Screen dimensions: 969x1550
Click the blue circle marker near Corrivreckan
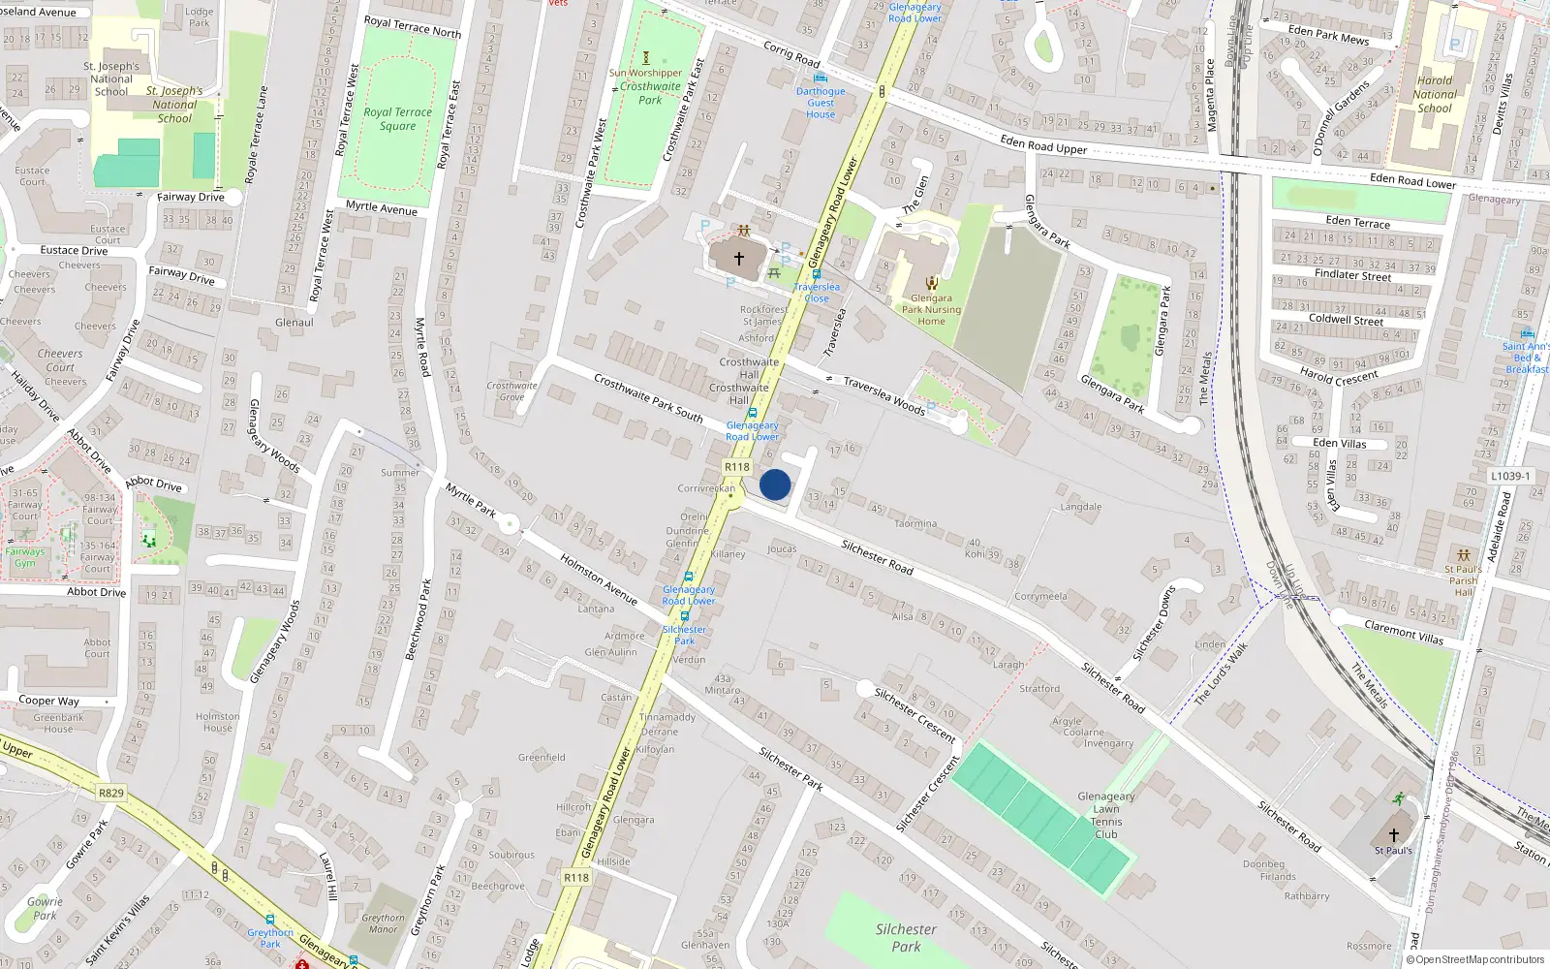tap(775, 484)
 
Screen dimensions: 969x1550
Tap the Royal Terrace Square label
tap(398, 119)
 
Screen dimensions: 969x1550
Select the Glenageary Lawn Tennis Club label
tap(1106, 815)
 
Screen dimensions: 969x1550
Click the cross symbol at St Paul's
tap(1394, 834)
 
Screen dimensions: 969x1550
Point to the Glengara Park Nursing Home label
tap(931, 310)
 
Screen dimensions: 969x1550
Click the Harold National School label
tap(1435, 95)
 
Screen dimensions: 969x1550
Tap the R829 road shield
tap(111, 793)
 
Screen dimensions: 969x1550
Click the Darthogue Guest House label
tap(821, 103)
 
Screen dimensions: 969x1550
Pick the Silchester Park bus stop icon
tap(685, 616)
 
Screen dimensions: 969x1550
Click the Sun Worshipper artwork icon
tap(646, 58)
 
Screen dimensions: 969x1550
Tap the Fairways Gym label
tap(25, 557)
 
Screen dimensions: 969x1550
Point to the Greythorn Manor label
tap(384, 923)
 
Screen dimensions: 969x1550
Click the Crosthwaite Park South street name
tap(648, 397)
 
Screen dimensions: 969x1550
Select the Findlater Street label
tap(1352, 275)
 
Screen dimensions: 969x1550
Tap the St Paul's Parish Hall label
tap(1463, 580)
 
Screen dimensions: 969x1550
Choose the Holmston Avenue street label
tap(599, 580)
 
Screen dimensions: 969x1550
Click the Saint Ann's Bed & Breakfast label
tap(1526, 358)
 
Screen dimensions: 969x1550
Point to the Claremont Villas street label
tap(1404, 633)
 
